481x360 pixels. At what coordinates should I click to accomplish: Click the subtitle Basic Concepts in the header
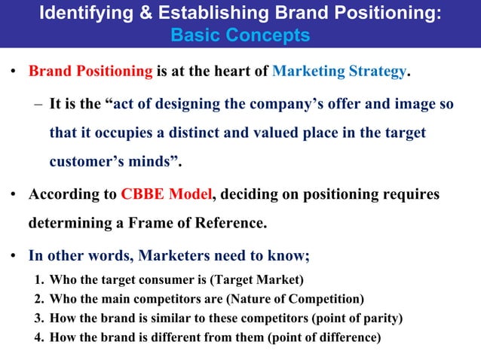point(240,35)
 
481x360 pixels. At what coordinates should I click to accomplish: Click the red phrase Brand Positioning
point(90,72)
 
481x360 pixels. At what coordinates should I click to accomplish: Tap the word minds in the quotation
point(156,162)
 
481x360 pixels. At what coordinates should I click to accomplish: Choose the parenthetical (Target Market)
point(257,281)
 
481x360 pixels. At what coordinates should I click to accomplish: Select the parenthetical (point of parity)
point(356,318)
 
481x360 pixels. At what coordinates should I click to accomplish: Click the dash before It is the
point(38,103)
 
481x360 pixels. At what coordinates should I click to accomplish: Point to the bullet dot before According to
point(14,195)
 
